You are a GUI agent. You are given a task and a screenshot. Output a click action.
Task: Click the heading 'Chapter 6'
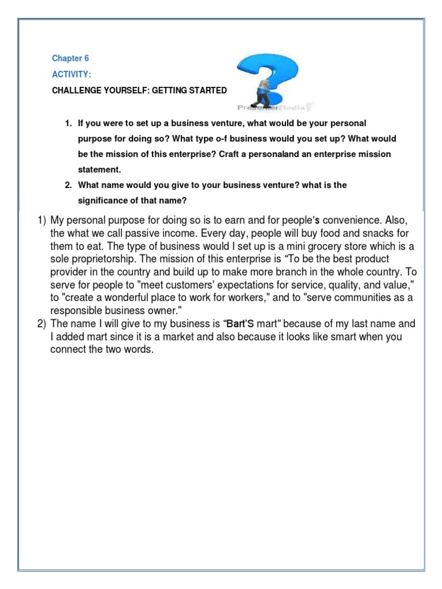click(x=70, y=59)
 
